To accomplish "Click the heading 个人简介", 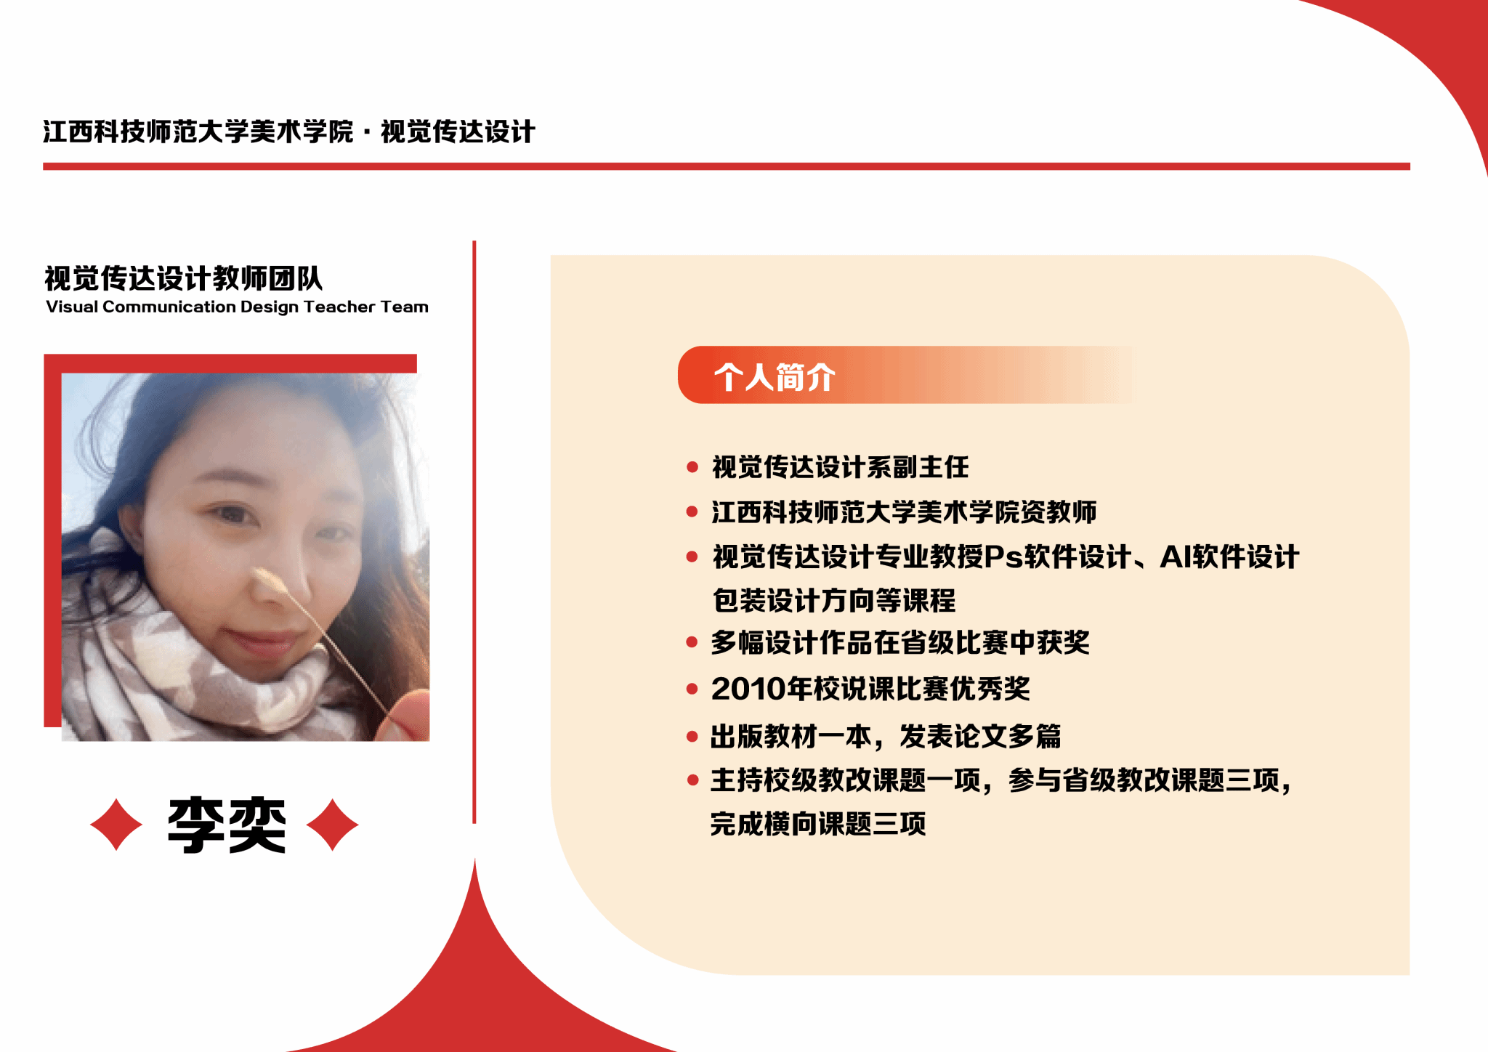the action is [775, 377].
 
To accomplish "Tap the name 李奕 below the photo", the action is [227, 825].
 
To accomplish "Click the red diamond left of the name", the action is [116, 825].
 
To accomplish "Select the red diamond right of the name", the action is [333, 825].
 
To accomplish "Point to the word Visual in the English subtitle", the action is [72, 307].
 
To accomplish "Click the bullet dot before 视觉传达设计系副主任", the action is [692, 467].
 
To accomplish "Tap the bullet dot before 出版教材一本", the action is [692, 737].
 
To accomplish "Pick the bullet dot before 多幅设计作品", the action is [692, 642].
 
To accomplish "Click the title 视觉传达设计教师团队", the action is [183, 278].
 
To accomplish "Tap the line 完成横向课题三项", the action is [818, 824].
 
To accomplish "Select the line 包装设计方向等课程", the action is [834, 601].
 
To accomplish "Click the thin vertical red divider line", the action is [474, 532].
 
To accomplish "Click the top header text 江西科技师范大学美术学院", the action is [198, 131].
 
